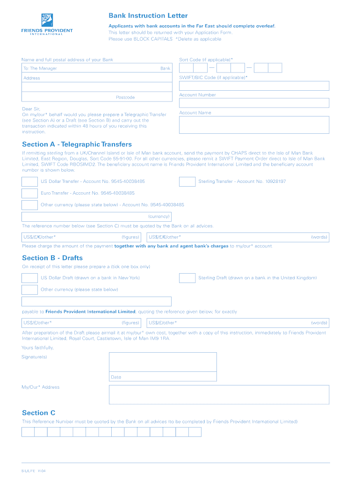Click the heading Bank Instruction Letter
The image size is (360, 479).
pyautogui.click(x=148, y=16)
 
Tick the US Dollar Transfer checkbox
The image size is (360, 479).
pyautogui.click(x=29, y=181)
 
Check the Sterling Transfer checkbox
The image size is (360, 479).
pyautogui.click(x=187, y=181)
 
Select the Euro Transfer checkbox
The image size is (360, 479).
pyautogui.click(x=29, y=193)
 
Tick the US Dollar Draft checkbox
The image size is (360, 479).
pyautogui.click(x=29, y=278)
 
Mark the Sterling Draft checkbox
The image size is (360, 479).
pyautogui.click(x=187, y=278)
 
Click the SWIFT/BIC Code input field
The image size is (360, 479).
pyautogui.click(x=254, y=86)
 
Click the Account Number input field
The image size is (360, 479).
pyautogui.click(x=254, y=103)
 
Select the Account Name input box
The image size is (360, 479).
pyautogui.click(x=254, y=125)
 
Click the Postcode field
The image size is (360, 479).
pyautogui.click(x=97, y=97)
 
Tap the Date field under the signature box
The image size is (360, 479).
pyautogui.click(x=163, y=377)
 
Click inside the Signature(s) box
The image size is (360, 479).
pyautogui.click(x=163, y=362)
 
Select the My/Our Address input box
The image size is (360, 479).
pyautogui.click(x=219, y=394)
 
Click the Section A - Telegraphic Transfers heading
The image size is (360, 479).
pyautogui.click(x=77, y=145)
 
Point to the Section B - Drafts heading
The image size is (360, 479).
pyautogui.click(x=52, y=258)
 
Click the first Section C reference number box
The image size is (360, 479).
pyautogui.click(x=28, y=432)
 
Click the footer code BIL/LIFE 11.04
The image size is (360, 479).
pyautogui.click(x=33, y=471)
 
